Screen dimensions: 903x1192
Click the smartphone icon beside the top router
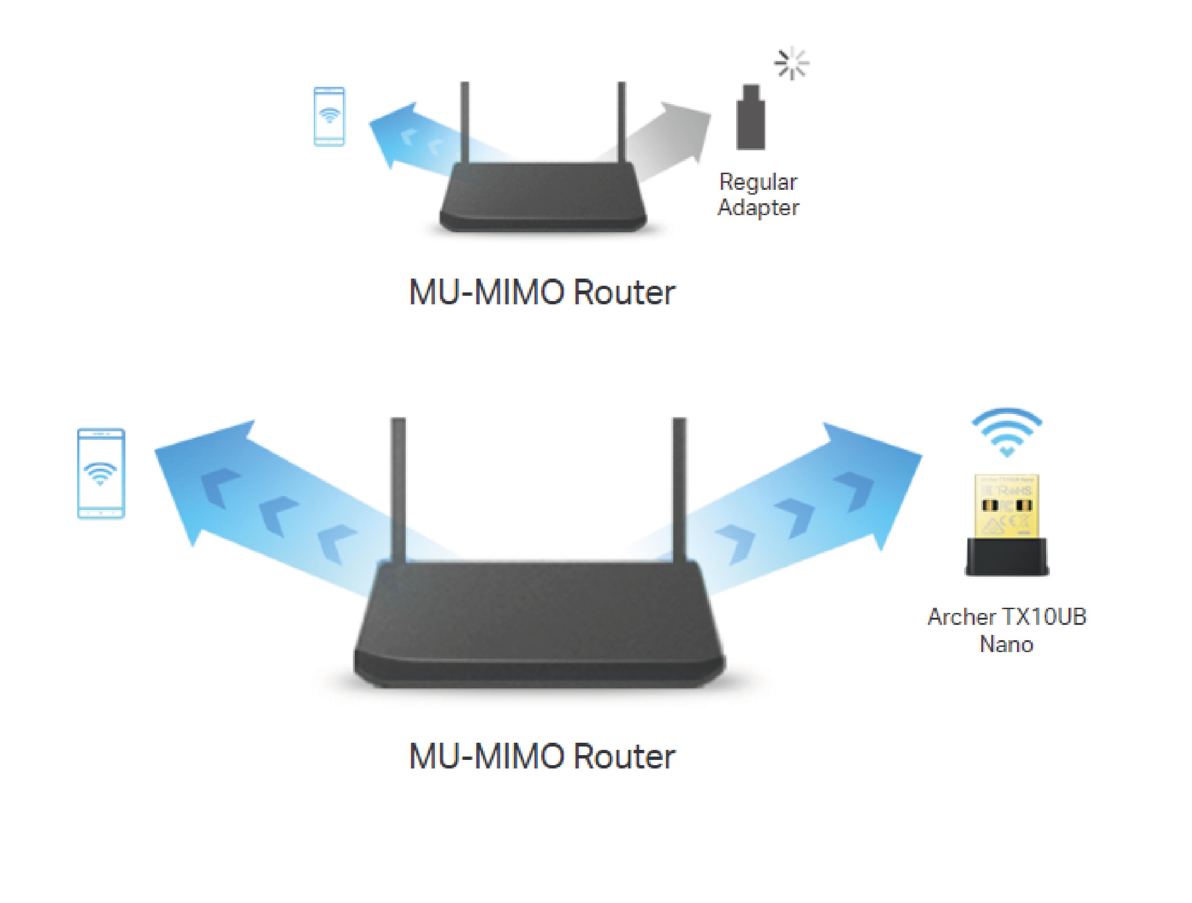click(x=329, y=116)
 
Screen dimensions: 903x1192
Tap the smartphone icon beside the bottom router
click(x=101, y=473)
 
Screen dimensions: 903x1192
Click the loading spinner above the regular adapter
click(x=791, y=63)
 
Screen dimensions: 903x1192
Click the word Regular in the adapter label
click(x=758, y=182)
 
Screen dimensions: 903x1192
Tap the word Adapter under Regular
click(x=758, y=208)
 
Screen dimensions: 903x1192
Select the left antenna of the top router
click(x=464, y=121)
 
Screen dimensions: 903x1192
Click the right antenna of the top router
click(x=621, y=121)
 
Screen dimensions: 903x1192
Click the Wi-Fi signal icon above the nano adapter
click(x=1007, y=431)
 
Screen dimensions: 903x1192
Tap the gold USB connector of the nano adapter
click(x=1007, y=506)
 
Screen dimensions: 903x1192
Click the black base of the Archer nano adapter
click(x=1007, y=556)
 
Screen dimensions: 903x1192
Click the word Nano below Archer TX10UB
click(x=1006, y=645)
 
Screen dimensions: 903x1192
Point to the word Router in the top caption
click(x=624, y=293)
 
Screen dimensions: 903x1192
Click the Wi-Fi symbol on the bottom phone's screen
click(x=100, y=473)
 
